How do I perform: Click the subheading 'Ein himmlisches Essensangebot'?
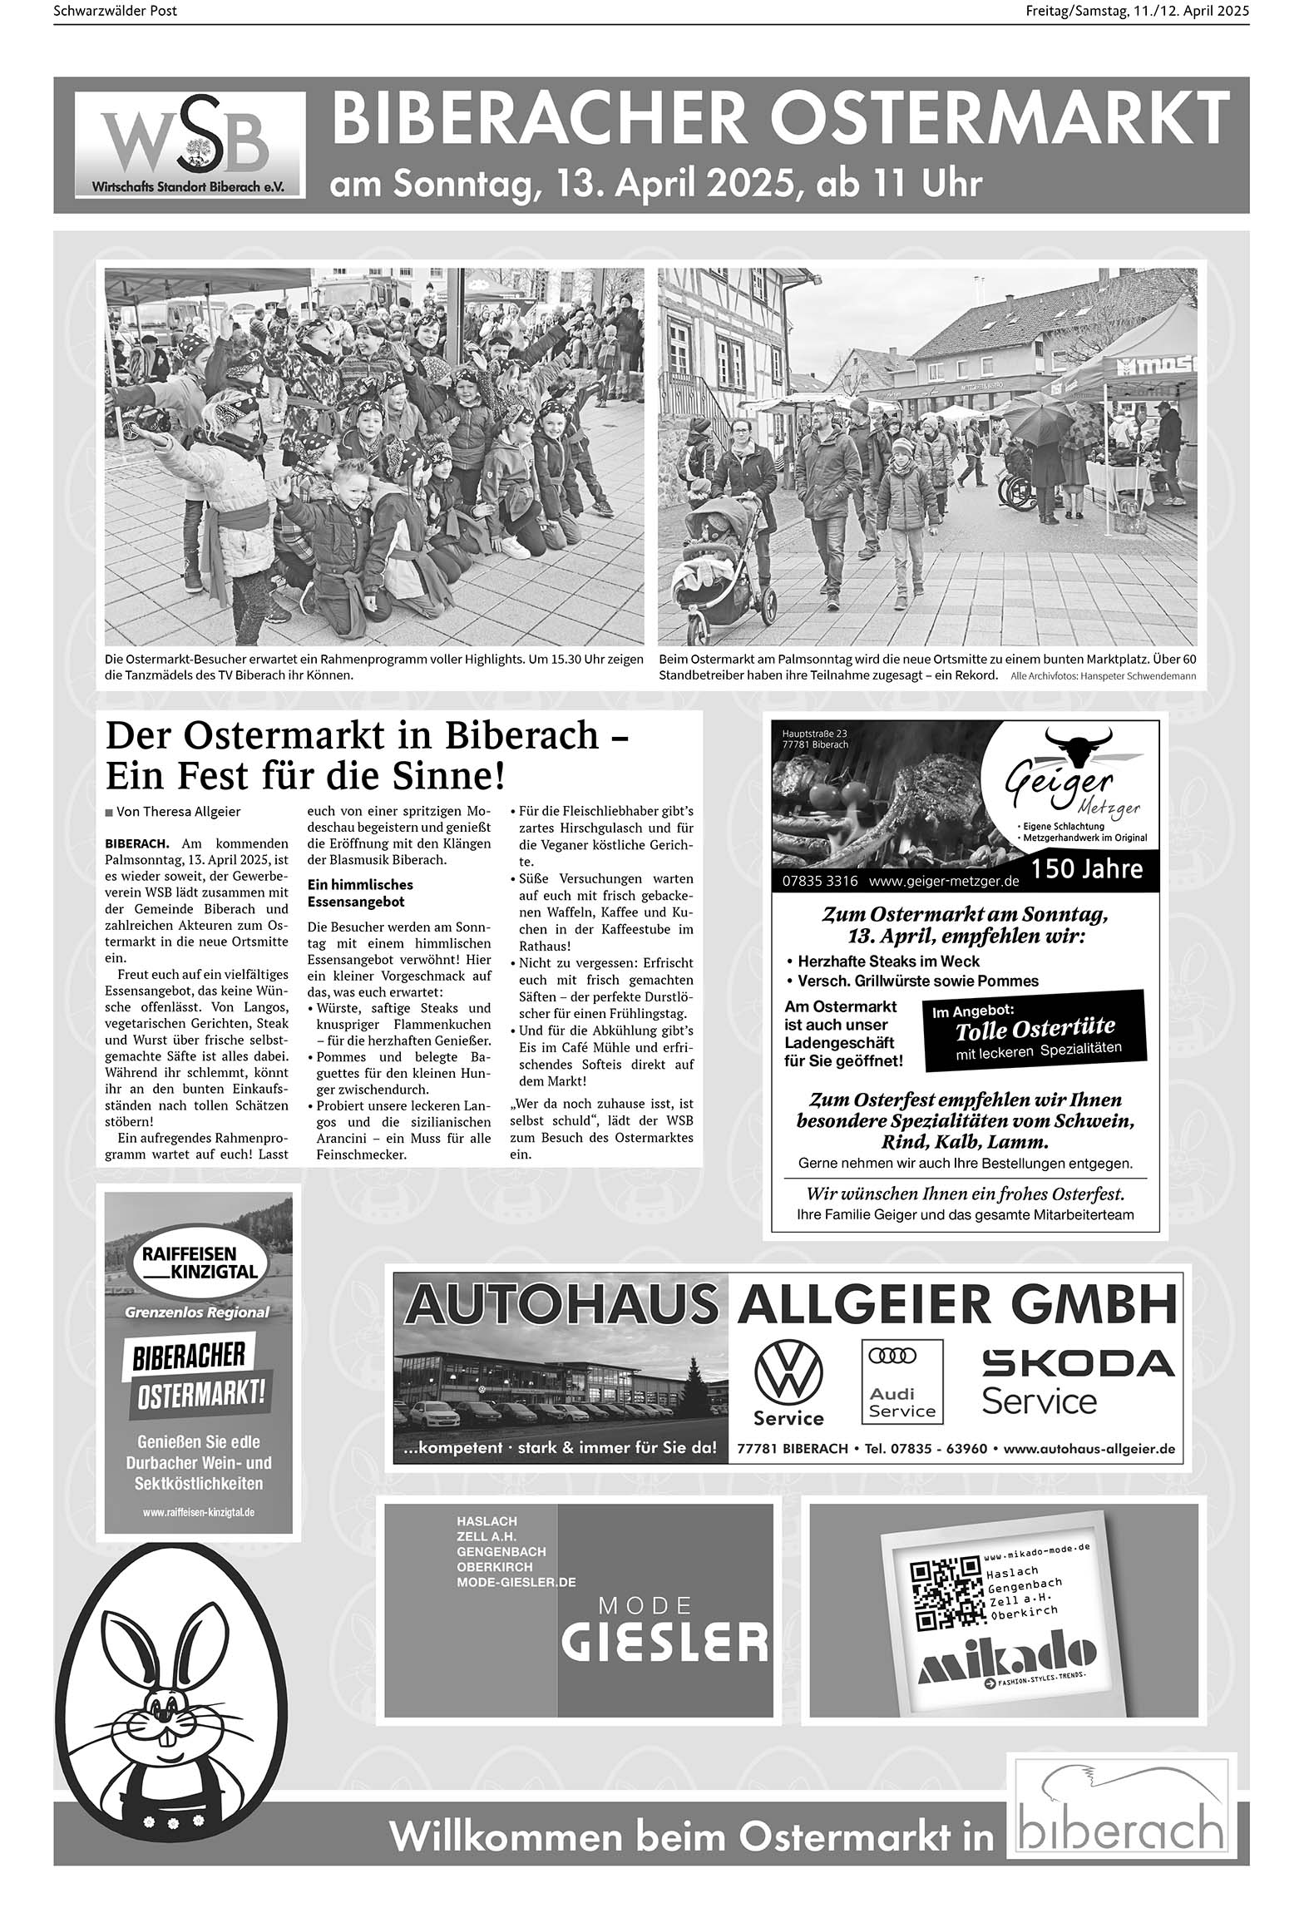[360, 892]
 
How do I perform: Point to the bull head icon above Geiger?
[1078, 744]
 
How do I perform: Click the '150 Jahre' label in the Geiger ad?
[1087, 869]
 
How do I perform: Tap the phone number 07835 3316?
[820, 881]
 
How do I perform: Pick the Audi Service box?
[902, 1382]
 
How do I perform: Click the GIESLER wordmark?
[664, 1641]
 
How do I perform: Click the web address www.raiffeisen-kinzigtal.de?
[199, 1512]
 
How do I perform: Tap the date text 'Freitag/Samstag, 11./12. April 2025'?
[1137, 11]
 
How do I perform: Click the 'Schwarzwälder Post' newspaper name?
[115, 11]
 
